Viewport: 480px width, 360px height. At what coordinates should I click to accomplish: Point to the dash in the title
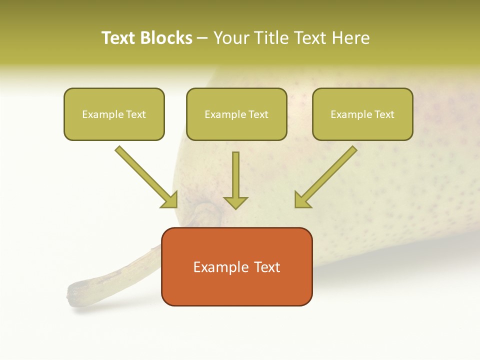(x=203, y=38)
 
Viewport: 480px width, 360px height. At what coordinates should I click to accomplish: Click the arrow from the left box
(x=145, y=176)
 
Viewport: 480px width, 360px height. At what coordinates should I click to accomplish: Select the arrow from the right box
(x=327, y=176)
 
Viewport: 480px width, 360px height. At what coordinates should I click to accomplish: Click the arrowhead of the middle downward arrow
(x=236, y=202)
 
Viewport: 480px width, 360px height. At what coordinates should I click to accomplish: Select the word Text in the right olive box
(x=384, y=114)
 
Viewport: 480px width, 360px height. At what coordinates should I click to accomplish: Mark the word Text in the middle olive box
(x=258, y=114)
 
